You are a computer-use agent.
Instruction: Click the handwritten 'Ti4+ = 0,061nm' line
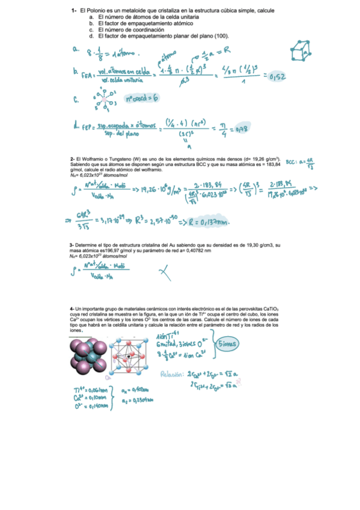pos(87,390)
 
